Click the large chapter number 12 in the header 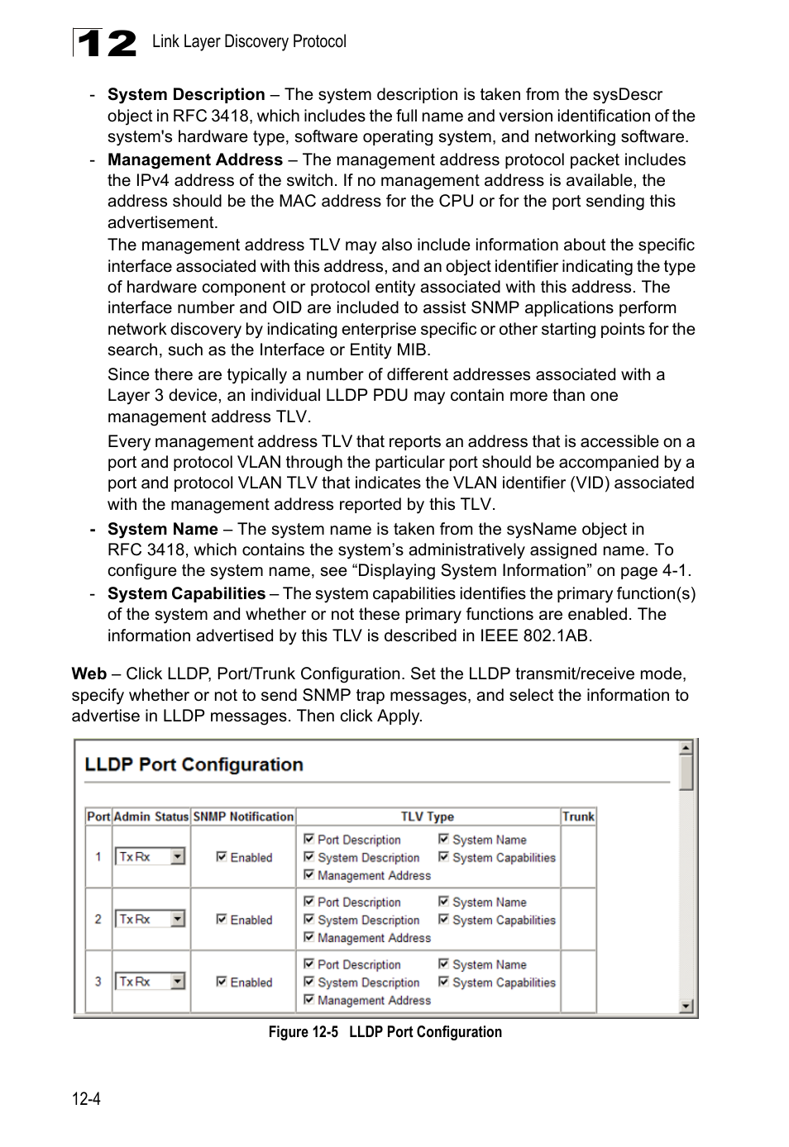click(x=105, y=43)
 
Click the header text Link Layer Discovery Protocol click(x=249, y=41)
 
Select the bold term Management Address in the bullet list click(x=195, y=159)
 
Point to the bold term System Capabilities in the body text click(x=186, y=593)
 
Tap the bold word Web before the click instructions click(x=88, y=673)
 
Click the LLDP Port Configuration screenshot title click(x=194, y=764)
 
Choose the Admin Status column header click(x=151, y=816)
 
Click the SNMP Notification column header click(x=243, y=816)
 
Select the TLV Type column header click(x=427, y=816)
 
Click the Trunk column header click(x=578, y=816)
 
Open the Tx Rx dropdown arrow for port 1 click(x=178, y=857)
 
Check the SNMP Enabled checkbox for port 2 click(x=222, y=919)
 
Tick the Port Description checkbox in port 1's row click(x=308, y=839)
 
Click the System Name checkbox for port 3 click(x=444, y=964)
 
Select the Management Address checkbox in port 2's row click(x=308, y=937)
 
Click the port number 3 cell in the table click(x=98, y=982)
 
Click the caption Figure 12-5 click(x=303, y=1032)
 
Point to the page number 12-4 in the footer click(x=86, y=1099)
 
